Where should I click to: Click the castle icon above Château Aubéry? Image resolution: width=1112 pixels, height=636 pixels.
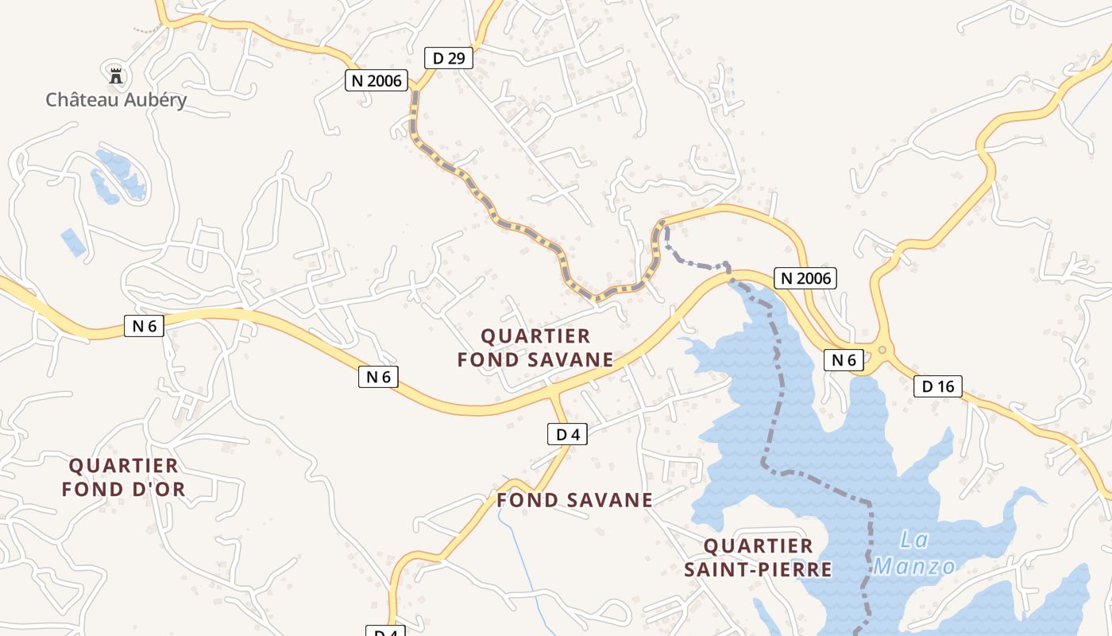click(116, 76)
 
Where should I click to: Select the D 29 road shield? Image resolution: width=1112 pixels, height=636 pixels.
click(449, 58)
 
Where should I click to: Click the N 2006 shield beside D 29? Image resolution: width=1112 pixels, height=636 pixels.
click(376, 80)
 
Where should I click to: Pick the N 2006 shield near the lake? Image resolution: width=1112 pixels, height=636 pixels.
click(805, 278)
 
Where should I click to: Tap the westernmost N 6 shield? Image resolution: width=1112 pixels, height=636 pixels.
click(144, 325)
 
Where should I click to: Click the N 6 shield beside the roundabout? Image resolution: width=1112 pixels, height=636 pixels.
click(844, 360)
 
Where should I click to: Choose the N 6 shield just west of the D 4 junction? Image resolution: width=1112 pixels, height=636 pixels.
click(378, 377)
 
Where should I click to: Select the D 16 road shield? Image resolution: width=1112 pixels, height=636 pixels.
click(938, 387)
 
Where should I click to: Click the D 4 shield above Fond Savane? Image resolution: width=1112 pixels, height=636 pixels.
click(567, 434)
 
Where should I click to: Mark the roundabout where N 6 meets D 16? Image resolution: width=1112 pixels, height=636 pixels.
click(882, 350)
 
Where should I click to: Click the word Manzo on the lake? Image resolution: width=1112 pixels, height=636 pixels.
click(914, 567)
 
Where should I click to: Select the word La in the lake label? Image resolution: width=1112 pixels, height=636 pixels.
click(914, 541)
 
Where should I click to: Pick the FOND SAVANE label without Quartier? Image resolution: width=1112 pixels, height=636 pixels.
click(574, 500)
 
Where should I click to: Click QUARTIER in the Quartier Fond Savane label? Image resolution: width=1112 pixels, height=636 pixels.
click(535, 336)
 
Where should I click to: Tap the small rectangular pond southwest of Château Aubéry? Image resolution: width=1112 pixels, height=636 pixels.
click(73, 242)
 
